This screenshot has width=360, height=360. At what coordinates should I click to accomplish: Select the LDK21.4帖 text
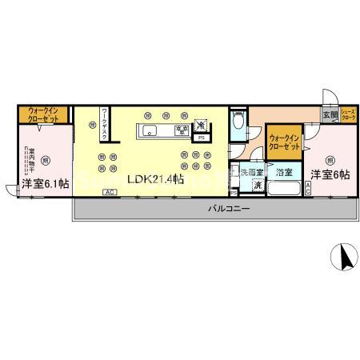[156, 178]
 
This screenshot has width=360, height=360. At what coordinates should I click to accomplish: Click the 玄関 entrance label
[330, 115]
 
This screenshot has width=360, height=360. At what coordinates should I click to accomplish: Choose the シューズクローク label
[349, 114]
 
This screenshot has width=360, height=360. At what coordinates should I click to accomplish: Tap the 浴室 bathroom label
[284, 171]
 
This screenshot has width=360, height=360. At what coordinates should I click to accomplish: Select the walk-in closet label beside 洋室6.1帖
[37, 114]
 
